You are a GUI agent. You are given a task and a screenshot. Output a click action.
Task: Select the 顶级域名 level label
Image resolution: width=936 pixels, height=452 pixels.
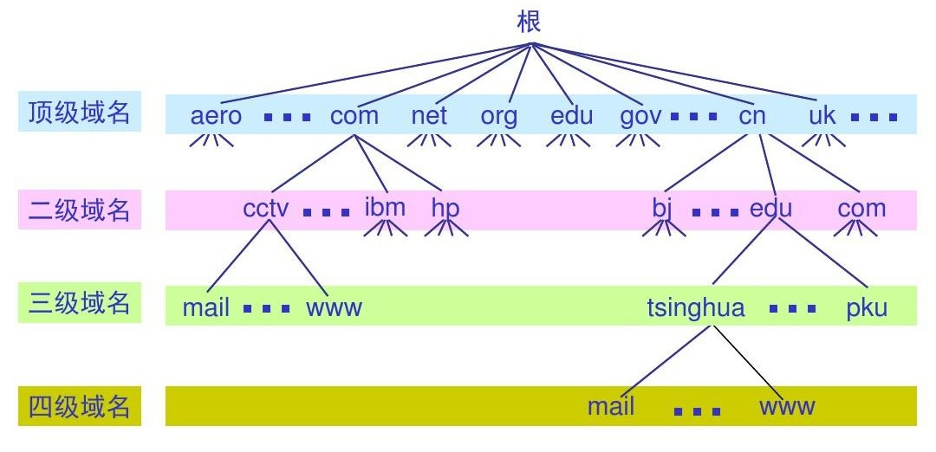pos(79,113)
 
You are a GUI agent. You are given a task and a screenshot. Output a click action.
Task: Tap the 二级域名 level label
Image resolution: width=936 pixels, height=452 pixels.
pos(79,210)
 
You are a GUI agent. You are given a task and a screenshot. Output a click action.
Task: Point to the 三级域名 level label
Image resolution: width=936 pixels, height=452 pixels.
pos(79,304)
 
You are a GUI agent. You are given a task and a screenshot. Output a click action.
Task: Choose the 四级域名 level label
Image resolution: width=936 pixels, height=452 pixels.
pos(79,405)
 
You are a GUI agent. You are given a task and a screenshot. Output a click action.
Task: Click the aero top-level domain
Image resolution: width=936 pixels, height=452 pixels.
pos(216,116)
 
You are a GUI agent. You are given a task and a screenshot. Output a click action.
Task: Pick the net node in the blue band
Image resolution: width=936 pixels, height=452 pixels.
pos(429,116)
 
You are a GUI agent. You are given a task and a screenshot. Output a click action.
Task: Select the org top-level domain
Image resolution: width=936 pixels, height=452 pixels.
pos(499,117)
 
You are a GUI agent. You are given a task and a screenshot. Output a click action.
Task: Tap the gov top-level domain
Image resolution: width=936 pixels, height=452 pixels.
pos(641,117)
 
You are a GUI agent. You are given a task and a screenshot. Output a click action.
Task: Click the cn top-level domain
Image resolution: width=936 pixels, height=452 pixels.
pos(752,116)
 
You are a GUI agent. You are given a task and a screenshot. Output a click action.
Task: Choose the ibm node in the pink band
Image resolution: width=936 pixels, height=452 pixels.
pos(385,208)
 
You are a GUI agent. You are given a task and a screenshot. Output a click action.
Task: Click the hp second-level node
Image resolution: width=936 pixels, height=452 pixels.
pos(445,210)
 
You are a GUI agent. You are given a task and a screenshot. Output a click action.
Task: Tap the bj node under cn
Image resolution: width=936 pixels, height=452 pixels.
pos(662,210)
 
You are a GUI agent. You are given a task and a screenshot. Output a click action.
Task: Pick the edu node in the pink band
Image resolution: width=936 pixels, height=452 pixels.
pos(771,210)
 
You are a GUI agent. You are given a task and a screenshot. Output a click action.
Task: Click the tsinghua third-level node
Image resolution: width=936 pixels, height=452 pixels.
pos(696,308)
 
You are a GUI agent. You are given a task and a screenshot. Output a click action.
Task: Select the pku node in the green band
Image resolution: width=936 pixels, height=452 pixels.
pos(868,308)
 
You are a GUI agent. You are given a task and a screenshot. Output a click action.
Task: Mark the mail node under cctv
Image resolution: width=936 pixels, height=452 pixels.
pos(206,308)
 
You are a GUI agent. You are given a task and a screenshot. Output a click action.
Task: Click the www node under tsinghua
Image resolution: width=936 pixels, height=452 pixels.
pos(787,407)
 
